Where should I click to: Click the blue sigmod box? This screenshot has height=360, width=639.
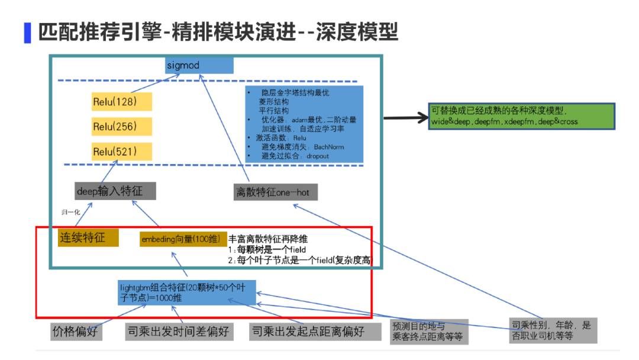point(199,65)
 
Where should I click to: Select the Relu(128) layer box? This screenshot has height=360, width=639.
point(122,101)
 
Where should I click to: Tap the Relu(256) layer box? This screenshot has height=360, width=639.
point(122,127)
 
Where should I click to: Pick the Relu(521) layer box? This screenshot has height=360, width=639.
point(122,152)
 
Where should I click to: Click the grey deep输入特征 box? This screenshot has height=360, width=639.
point(116,191)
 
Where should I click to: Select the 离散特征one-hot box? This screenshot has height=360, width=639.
point(276,192)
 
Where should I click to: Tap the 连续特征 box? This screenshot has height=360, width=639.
point(88,237)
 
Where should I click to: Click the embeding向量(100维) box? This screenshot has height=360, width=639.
point(183,239)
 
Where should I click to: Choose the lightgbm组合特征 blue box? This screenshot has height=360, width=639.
point(186,292)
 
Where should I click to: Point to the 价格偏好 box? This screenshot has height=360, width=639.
point(76,331)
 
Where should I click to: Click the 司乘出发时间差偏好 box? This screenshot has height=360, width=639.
point(178,331)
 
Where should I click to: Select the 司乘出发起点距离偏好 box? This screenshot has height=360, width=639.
point(315,331)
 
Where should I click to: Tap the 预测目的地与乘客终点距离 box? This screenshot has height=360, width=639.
point(429,332)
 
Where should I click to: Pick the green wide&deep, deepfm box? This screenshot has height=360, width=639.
point(522,116)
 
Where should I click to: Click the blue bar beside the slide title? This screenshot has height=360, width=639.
point(27,32)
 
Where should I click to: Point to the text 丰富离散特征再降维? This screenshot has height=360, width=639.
point(267,239)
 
